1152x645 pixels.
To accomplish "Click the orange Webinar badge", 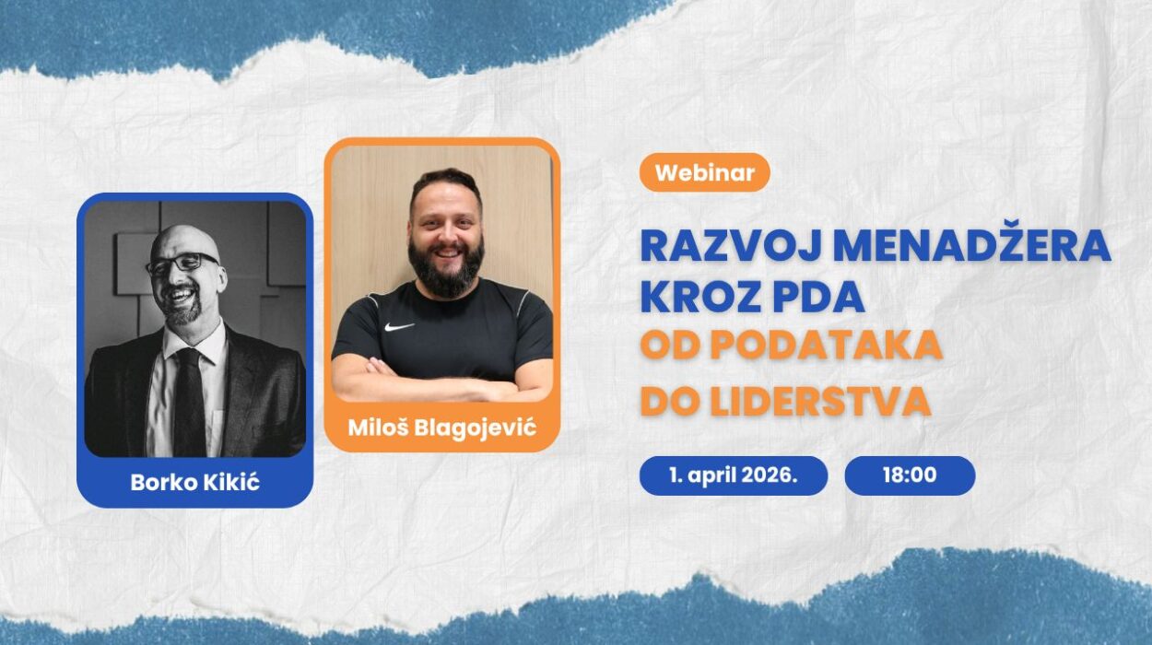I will click(x=704, y=172).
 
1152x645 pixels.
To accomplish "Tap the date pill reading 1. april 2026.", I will click(x=733, y=475).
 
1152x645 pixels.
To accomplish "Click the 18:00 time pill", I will click(x=909, y=475).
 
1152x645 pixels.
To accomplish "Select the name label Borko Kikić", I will click(x=194, y=482).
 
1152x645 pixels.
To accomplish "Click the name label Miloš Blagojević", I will click(x=441, y=428).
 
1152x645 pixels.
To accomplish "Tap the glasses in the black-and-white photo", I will click(x=182, y=264).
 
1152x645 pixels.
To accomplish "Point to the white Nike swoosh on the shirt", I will click(x=398, y=326).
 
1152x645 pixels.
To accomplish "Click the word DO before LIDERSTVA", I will click(x=666, y=402).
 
